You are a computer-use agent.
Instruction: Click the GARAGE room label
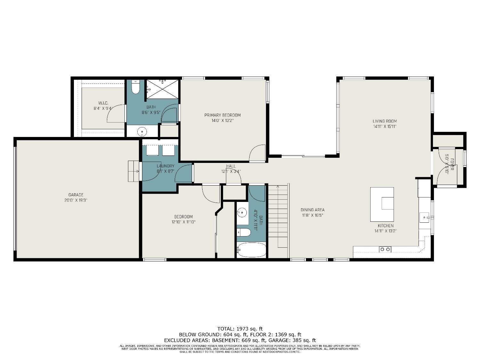point(76,195)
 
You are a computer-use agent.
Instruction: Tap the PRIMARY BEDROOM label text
point(222,115)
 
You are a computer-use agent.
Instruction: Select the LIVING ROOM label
point(385,121)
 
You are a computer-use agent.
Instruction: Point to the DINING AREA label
point(312,210)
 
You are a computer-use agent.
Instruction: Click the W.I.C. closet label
point(103,103)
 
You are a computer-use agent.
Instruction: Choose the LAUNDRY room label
point(165,166)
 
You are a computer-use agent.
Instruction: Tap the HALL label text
point(231,166)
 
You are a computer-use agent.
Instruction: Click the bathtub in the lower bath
point(251,250)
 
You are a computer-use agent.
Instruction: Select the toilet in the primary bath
point(136,87)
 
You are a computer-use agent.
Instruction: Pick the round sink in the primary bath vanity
point(142,131)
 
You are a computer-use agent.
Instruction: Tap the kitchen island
point(382,204)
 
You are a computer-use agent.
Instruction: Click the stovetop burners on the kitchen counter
point(385,249)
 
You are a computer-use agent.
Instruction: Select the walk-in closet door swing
point(115,113)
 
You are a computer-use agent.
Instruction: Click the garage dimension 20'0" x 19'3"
point(76,200)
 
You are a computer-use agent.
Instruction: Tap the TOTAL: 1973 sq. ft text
point(240,329)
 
